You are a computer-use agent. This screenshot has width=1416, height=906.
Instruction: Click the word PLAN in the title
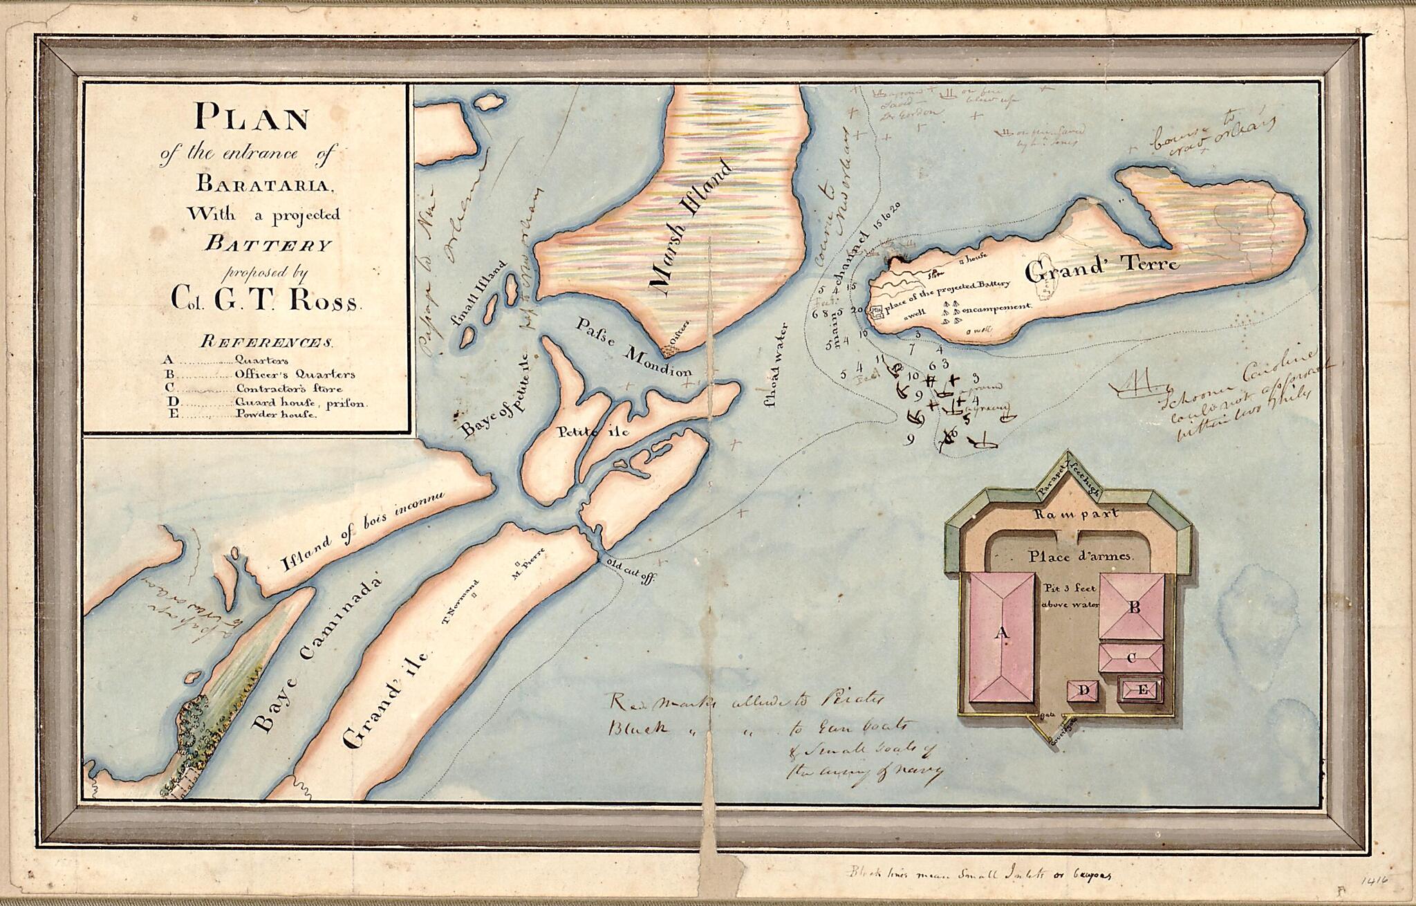pyautogui.click(x=252, y=117)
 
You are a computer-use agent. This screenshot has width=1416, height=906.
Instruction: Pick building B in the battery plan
pyautogui.click(x=1133, y=608)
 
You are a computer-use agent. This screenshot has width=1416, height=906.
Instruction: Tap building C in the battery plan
pyautogui.click(x=1131, y=657)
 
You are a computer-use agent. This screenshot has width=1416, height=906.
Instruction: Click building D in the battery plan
pyautogui.click(x=1084, y=690)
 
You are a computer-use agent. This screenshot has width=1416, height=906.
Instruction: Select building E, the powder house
pyautogui.click(x=1142, y=689)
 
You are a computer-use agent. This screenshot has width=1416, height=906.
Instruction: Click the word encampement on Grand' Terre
pyautogui.click(x=996, y=306)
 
